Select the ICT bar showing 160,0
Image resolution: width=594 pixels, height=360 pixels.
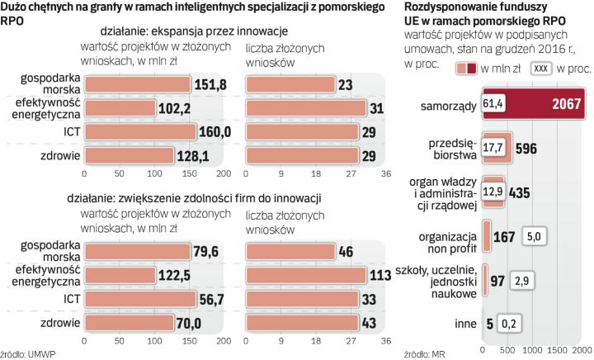point(139,132)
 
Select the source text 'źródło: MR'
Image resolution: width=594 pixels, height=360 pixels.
point(426,353)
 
